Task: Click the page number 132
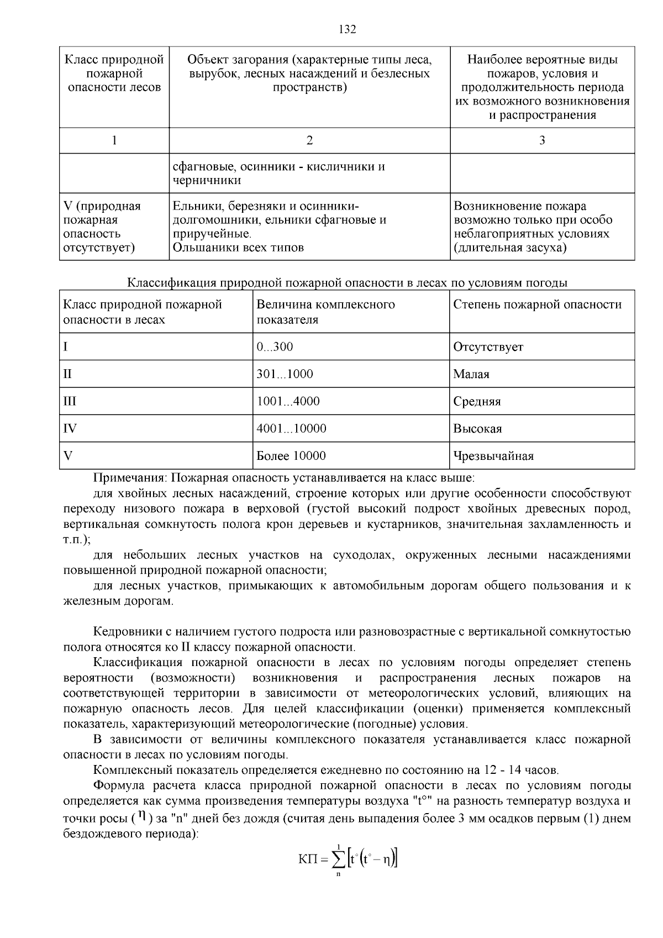[x=347, y=29]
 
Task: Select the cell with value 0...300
[x=275, y=347]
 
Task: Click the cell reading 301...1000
[x=285, y=374]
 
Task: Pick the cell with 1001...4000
[x=288, y=401]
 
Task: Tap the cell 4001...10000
[x=291, y=429]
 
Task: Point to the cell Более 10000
[x=291, y=456]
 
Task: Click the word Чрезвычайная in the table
[x=493, y=456]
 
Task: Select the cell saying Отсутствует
[x=488, y=347]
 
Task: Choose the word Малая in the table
[x=471, y=374]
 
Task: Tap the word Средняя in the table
[x=477, y=401]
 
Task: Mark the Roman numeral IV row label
[x=70, y=429]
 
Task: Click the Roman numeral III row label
[x=70, y=401]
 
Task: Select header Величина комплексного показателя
[x=325, y=312]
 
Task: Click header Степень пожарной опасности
[x=537, y=305]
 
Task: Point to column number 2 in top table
[x=309, y=140]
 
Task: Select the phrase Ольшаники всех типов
[x=238, y=247]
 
